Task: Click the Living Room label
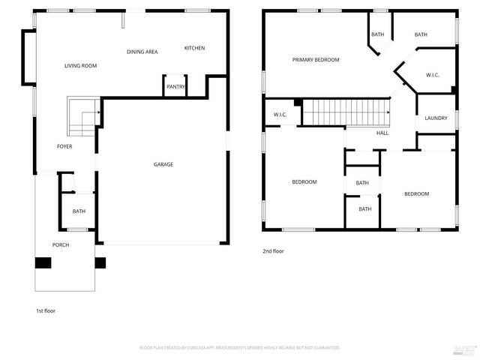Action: (80, 66)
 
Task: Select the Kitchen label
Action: (194, 49)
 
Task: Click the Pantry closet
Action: (175, 86)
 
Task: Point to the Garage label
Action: (163, 164)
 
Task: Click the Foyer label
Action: (65, 146)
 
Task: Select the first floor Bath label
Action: (79, 211)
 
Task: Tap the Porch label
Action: (61, 245)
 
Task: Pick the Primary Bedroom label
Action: (316, 60)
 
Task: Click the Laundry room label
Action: (436, 118)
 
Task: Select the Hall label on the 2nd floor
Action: (382, 133)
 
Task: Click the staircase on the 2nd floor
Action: (346, 114)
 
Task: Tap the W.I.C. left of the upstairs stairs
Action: (280, 115)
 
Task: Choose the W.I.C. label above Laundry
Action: (432, 75)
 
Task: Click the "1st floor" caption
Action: (46, 310)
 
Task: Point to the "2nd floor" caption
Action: (273, 251)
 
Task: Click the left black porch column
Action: (43, 263)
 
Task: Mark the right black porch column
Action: (100, 263)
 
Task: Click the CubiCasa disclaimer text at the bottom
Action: (240, 348)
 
